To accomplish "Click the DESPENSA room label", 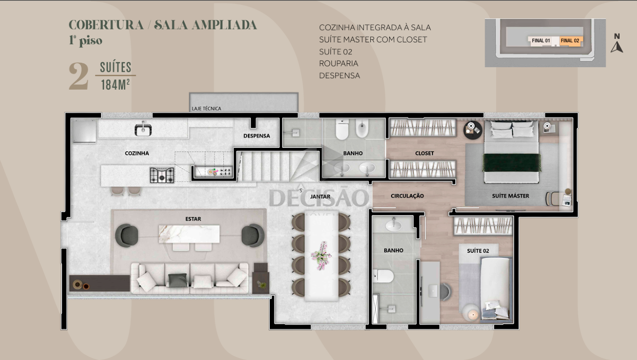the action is [256, 136].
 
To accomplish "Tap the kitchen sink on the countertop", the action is [143, 129].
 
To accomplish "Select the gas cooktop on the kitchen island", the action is [162, 175].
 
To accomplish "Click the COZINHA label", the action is [137, 153].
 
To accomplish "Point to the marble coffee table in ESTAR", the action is [189, 234].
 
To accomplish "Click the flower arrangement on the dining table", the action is [321, 255].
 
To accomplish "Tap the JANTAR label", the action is [320, 196].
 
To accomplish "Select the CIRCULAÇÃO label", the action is [407, 196].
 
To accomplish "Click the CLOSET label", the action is [425, 153].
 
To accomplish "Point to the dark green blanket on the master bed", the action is [512, 162].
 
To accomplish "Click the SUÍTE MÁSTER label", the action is [511, 196].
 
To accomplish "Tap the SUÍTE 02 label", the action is [478, 251].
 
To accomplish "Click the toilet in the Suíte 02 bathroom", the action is [383, 276].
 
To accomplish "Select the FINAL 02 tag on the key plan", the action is [570, 40].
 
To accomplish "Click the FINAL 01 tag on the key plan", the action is [541, 40].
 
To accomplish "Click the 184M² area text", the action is [115, 85].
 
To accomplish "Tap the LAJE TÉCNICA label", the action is [206, 109].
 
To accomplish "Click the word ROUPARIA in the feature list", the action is [338, 63].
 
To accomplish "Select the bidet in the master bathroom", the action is [362, 128].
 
